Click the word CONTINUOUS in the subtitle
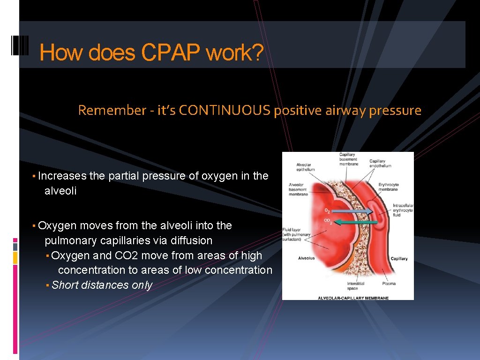(225, 111)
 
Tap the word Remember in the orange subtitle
(112, 111)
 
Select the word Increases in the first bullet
(62, 176)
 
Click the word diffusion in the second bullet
(191, 240)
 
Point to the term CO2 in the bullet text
(126, 255)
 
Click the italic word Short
(65, 285)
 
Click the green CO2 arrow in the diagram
(359, 223)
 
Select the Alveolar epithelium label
(305, 167)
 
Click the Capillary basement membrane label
(348, 159)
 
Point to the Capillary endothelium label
(380, 164)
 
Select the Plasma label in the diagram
(389, 284)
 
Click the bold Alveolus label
(306, 258)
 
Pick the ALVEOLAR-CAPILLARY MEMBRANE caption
(353, 298)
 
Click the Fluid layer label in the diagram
(296, 234)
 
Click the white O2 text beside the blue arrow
(327, 211)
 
